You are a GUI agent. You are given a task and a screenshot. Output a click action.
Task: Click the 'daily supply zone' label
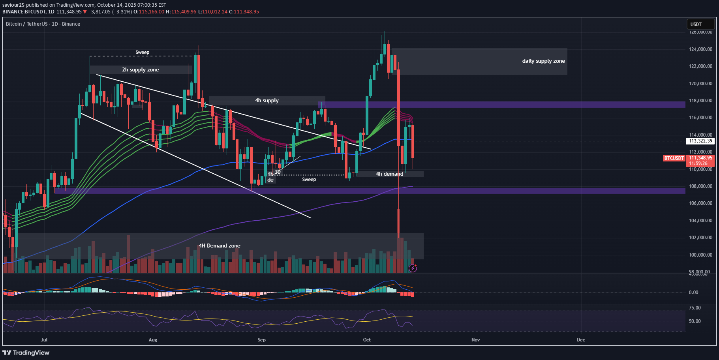(x=543, y=61)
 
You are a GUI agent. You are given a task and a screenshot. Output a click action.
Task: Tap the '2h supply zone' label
(x=140, y=70)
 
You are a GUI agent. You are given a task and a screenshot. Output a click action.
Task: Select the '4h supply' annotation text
(x=267, y=101)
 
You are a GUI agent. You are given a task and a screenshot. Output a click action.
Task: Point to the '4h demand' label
(x=389, y=174)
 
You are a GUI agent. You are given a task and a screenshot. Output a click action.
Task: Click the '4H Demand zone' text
(x=219, y=246)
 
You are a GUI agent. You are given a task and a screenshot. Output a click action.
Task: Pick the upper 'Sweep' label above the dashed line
(x=142, y=52)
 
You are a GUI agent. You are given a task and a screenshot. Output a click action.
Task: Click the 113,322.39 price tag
(x=700, y=141)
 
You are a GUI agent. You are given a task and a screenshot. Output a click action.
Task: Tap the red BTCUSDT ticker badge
(x=674, y=158)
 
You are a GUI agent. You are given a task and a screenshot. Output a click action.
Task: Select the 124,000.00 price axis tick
(x=700, y=49)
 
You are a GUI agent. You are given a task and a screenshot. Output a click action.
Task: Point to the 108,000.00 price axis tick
(x=700, y=186)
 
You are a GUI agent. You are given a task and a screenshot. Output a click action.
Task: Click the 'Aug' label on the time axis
(x=153, y=340)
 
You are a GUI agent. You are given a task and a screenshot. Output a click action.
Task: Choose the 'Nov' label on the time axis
(x=475, y=340)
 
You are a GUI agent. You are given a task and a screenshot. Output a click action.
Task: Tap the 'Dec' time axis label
(x=580, y=340)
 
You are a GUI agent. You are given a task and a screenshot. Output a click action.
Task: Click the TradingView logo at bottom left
(x=26, y=352)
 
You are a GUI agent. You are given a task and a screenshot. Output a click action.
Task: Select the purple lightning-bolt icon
(x=413, y=268)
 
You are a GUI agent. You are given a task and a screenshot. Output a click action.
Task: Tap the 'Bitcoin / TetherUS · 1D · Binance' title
(x=43, y=24)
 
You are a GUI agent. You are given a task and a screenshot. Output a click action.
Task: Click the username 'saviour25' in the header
(x=13, y=5)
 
